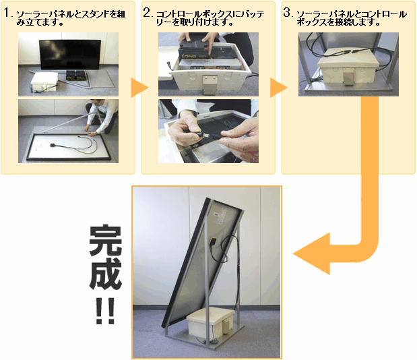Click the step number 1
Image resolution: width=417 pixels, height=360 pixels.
7,13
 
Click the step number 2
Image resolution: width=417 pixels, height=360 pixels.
147,13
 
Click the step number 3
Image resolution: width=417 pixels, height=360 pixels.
287,13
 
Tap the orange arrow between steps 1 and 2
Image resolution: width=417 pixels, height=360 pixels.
139,88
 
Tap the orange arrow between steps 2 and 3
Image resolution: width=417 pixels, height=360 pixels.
278,88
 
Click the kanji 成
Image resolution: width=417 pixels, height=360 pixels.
106,274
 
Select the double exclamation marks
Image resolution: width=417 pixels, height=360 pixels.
105,311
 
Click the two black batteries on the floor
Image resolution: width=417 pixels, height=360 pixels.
75,75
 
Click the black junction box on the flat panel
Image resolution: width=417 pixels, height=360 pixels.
53,145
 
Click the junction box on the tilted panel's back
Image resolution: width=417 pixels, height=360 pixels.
213,241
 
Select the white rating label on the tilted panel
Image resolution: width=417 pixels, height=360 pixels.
220,216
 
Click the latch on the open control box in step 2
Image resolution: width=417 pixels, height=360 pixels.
210,85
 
